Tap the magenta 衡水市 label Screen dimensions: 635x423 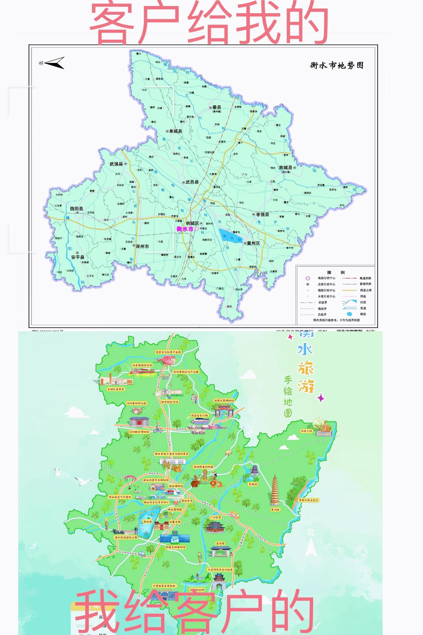click(x=185, y=229)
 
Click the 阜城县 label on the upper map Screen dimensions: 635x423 click(x=175, y=131)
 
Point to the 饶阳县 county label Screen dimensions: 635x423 click(x=76, y=209)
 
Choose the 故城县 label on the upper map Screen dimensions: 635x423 click(x=285, y=168)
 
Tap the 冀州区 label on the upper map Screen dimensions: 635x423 click(x=253, y=243)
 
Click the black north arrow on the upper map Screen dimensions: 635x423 click(x=55, y=63)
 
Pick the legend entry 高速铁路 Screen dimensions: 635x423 click(x=365, y=278)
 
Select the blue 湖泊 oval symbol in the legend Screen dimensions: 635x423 click(x=349, y=314)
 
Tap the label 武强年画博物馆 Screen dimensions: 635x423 click(x=224, y=401)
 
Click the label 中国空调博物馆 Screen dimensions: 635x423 click(x=175, y=547)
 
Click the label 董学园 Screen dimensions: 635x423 click(x=220, y=543)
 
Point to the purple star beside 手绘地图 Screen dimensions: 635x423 click(x=321, y=398)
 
